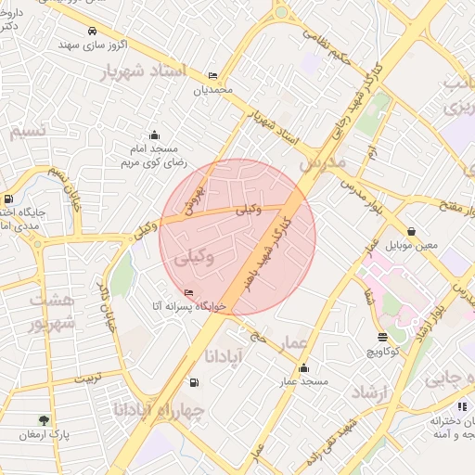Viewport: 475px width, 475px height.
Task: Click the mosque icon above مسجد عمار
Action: tap(304, 367)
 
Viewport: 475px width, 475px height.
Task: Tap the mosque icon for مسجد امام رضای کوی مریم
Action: tap(154, 135)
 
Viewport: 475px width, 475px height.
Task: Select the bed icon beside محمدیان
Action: tap(213, 76)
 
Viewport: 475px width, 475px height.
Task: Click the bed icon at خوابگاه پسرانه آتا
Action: tap(189, 293)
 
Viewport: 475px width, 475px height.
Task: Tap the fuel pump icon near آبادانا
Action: tap(193, 382)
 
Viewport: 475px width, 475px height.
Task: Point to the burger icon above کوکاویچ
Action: tap(382, 337)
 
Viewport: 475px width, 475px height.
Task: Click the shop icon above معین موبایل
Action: tap(412, 231)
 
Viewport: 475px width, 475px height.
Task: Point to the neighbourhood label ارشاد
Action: tap(372, 393)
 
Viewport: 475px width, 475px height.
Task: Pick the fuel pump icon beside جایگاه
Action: tap(8, 199)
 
